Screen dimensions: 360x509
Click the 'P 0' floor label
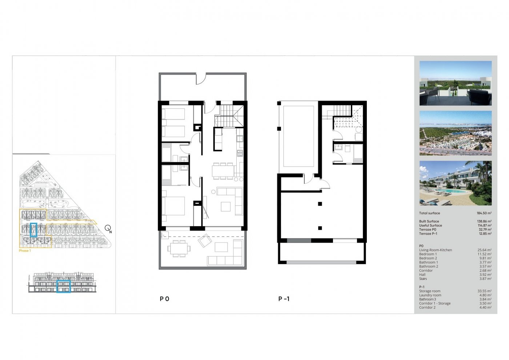coord(164,299)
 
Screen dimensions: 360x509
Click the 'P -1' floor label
coord(284,299)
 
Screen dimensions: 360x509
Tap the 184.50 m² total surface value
coord(484,213)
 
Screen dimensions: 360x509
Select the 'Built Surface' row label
coord(429,221)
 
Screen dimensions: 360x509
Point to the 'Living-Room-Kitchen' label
coord(435,250)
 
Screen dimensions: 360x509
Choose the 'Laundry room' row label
coord(430,295)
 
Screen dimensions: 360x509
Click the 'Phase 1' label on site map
coord(24,251)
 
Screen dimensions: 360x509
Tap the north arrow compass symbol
coord(108,228)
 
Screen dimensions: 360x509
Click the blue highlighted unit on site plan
coord(34,230)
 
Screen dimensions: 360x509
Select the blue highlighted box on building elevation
coord(64,286)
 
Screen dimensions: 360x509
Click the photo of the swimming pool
coord(455,183)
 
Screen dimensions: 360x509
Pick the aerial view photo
coord(455,133)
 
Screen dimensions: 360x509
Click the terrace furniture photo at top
coord(455,83)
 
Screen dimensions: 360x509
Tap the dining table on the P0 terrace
coord(178,249)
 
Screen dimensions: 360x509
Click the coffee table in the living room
coord(226,206)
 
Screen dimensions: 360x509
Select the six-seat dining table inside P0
coord(223,171)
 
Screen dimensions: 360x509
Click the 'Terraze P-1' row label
coord(428,234)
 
